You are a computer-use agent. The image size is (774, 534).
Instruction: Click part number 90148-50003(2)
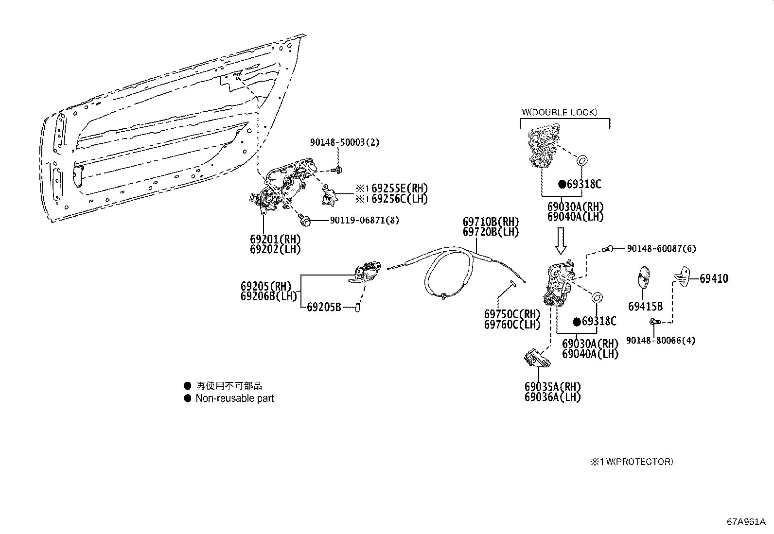coord(345,142)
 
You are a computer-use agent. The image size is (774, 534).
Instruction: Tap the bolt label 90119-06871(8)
coord(364,220)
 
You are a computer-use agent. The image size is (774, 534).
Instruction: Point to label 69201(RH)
coord(275,239)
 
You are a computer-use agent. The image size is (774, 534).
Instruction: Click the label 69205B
coord(324,307)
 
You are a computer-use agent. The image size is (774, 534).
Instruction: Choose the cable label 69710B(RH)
coord(491,222)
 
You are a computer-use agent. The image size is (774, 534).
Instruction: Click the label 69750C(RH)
coord(512,314)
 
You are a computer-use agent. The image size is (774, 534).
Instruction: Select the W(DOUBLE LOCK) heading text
coord(560,112)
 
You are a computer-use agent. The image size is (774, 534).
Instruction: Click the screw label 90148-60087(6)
coord(661,249)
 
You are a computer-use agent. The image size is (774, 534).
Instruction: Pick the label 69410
coord(714,279)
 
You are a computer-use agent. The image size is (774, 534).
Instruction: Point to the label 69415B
coord(645,307)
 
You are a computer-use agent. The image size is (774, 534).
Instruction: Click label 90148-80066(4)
coord(660,341)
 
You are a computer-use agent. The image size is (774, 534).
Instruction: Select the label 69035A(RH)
coord(552,387)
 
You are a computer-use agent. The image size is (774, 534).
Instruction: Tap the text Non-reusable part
coord(234,398)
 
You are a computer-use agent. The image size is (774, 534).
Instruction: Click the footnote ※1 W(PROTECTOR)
coord(632,462)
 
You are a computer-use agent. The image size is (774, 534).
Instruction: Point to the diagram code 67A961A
coord(746,522)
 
